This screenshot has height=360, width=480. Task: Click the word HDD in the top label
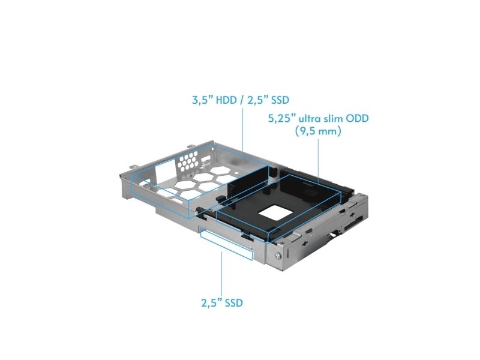pyautogui.click(x=226, y=100)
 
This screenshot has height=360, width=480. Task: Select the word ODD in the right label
pyautogui.click(x=357, y=118)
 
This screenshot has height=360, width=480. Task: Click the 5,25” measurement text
pyautogui.click(x=280, y=118)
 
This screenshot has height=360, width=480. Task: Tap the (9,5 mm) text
pyautogui.click(x=318, y=131)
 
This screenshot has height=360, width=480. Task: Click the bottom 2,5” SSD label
pyautogui.click(x=222, y=303)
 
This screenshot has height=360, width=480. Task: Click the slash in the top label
pyautogui.click(x=242, y=100)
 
